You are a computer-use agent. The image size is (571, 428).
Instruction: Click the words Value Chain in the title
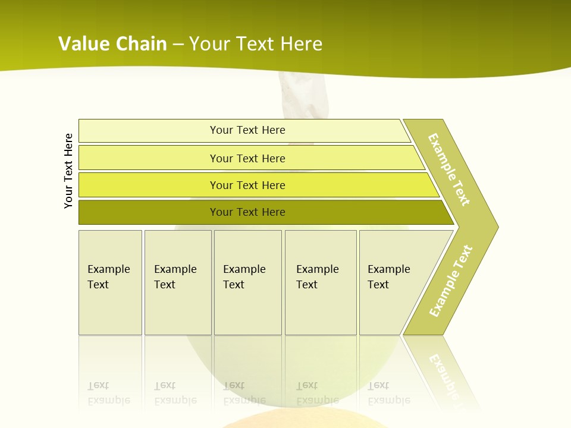pos(112,43)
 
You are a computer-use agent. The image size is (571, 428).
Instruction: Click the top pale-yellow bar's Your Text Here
pos(247,130)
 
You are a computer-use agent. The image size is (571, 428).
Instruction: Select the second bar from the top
pos(247,158)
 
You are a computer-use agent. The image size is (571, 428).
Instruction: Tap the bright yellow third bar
pos(247,185)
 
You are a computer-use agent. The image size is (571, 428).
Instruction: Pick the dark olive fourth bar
pos(247,212)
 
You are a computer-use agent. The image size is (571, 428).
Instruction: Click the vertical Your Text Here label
pos(69,171)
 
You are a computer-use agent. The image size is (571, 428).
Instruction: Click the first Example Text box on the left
pos(110,282)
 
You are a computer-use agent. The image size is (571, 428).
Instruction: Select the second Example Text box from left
pos(177,282)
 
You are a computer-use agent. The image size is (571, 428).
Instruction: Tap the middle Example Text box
pos(247,282)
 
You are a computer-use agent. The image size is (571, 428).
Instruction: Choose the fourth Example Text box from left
pos(320,282)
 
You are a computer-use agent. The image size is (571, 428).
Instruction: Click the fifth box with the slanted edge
pos(393,282)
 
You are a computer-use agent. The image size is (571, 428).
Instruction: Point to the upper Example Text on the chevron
pos(450,169)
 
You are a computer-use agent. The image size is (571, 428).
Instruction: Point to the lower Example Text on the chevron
pos(451,281)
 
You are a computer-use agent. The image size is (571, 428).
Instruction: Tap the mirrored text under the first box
pos(108,393)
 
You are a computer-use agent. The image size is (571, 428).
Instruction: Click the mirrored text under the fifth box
pos(388,393)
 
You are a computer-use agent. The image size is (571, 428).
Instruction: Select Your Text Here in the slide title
pos(256,43)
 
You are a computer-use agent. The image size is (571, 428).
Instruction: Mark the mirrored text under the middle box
pos(244,393)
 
